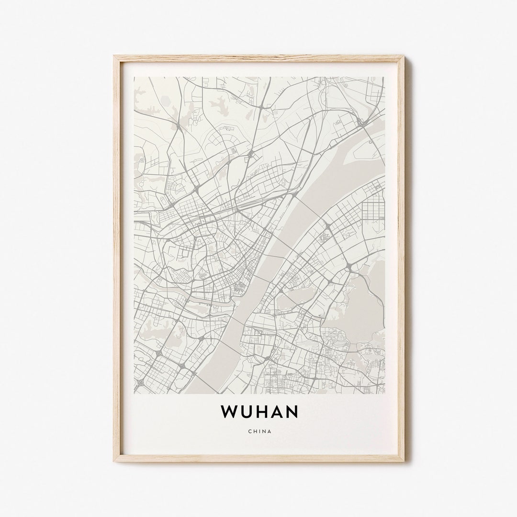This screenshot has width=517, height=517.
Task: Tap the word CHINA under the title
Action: pos(259,431)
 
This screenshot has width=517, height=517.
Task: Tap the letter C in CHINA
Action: pos(250,431)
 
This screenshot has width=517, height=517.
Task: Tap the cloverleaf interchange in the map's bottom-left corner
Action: pos(140,382)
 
